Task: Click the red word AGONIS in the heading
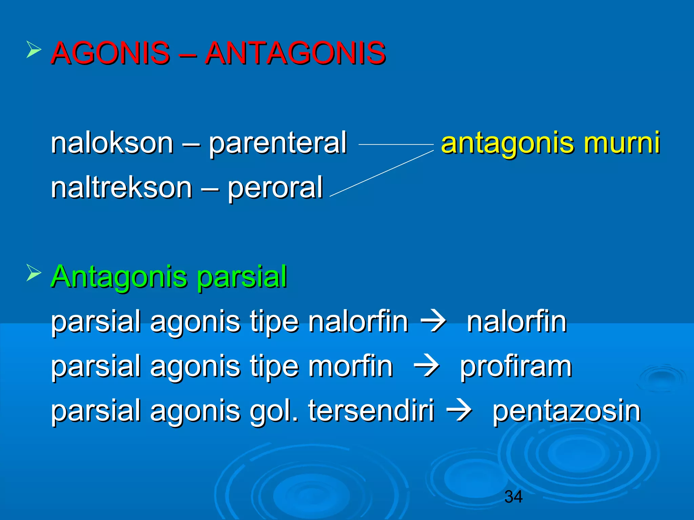click(110, 53)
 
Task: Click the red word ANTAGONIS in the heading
click(295, 53)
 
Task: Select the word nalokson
click(112, 143)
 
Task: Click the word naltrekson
click(122, 188)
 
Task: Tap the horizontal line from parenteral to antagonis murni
click(396, 145)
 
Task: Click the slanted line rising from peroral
click(381, 174)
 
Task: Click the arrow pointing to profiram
click(427, 366)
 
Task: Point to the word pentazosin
click(566, 412)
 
